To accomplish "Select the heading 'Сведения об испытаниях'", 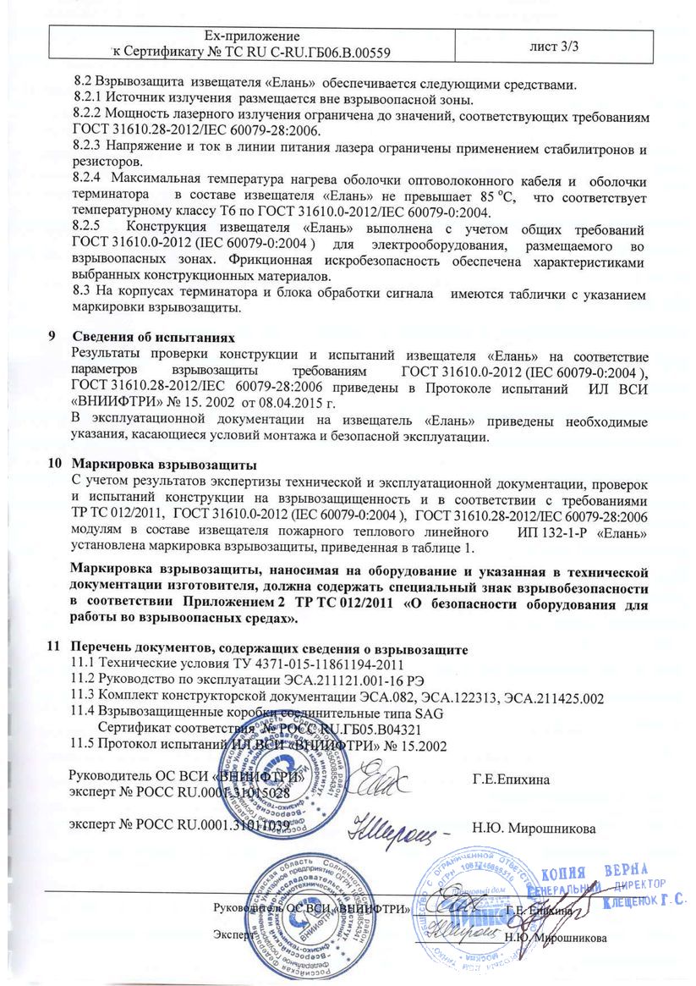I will click(149, 336).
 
